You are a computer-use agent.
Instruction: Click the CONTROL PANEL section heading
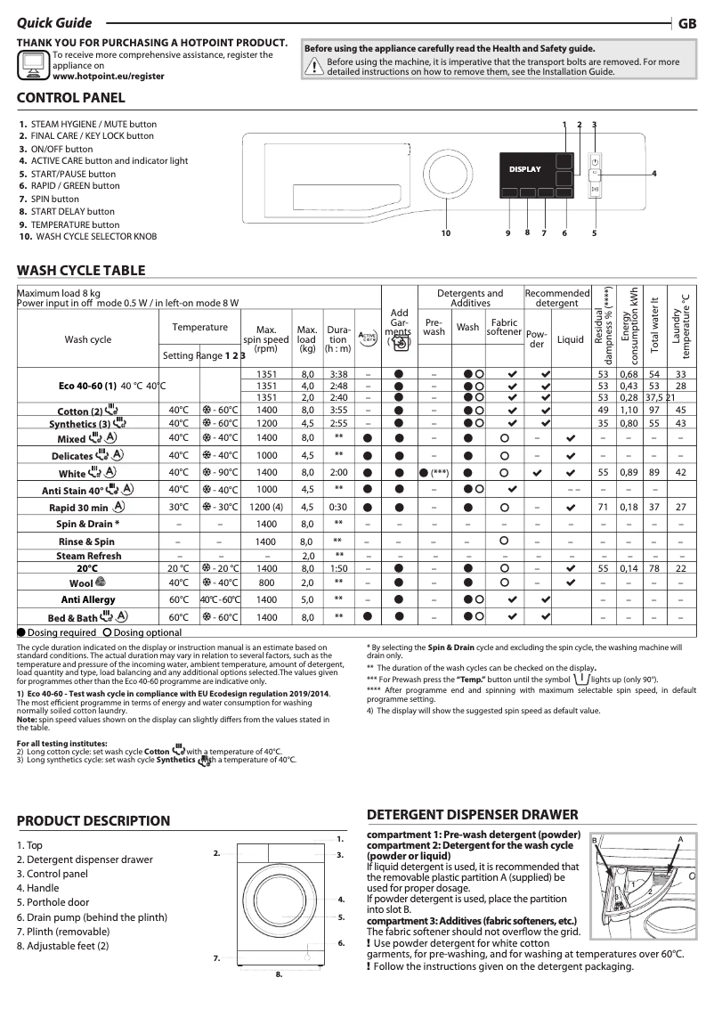(x=71, y=98)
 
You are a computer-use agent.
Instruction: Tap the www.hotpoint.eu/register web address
(x=109, y=77)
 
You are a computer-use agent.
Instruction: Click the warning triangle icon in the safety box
(x=314, y=67)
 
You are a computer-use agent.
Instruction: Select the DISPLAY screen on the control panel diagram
(x=524, y=169)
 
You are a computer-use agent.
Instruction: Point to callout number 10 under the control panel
(x=446, y=233)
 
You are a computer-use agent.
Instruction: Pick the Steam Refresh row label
(x=89, y=556)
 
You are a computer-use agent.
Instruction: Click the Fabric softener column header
(x=505, y=327)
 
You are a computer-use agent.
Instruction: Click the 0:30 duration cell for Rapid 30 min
(x=338, y=507)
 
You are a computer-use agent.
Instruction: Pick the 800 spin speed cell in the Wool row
(x=266, y=582)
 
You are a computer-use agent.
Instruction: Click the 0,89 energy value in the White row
(x=629, y=472)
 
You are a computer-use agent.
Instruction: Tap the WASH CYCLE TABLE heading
(x=81, y=271)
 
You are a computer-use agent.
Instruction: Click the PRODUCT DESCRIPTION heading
(x=93, y=820)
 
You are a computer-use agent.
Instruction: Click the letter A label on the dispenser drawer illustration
(x=679, y=840)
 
